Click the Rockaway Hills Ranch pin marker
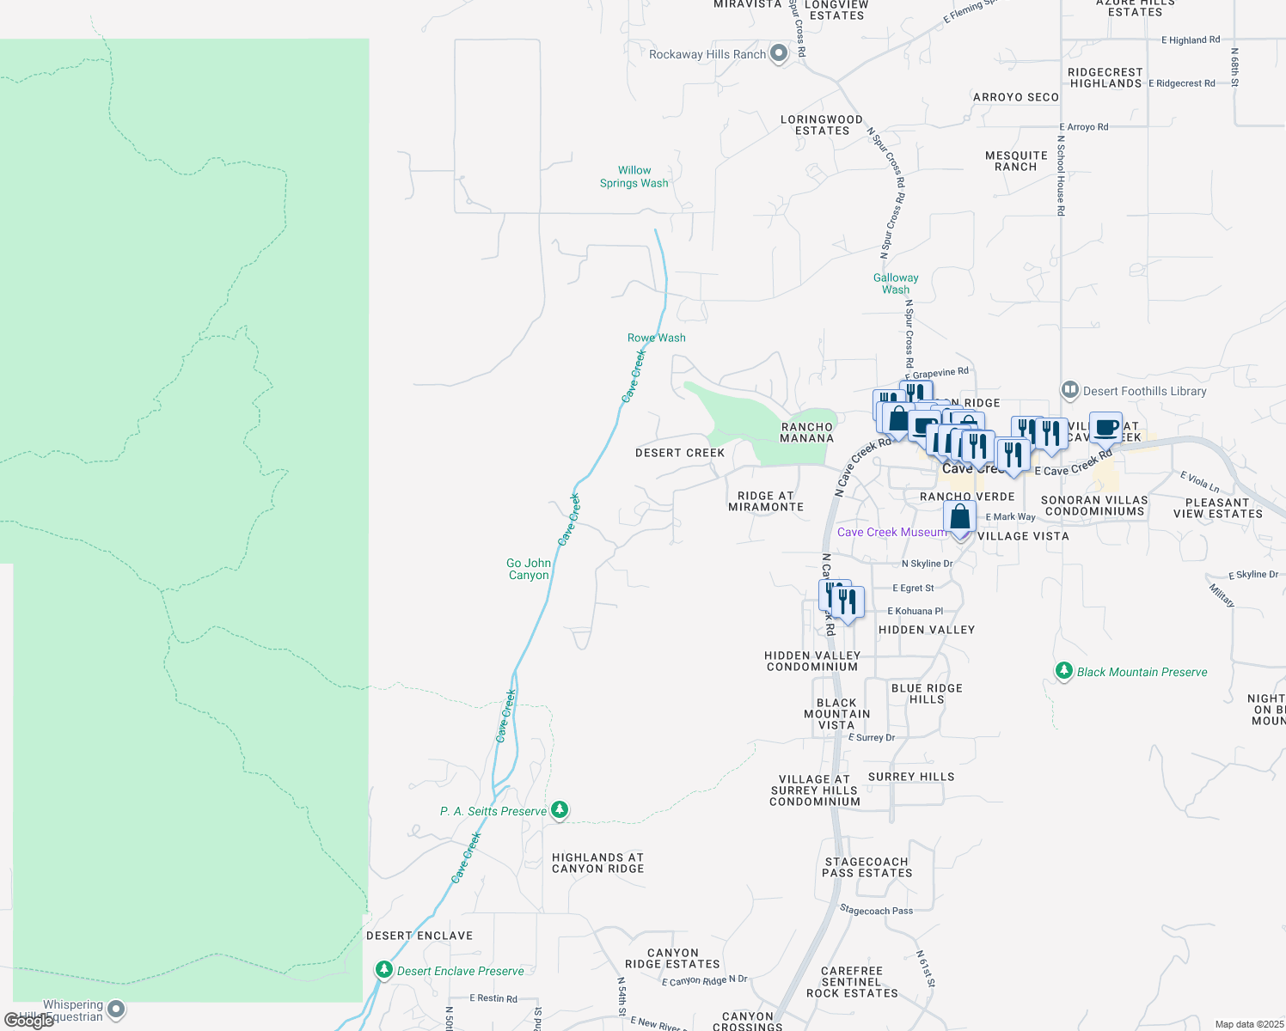pyautogui.click(x=779, y=53)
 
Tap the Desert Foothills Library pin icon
pyautogui.click(x=1070, y=390)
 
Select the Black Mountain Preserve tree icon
pyautogui.click(x=1064, y=671)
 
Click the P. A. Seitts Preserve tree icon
pyautogui.click(x=560, y=809)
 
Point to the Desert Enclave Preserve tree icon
pyautogui.click(x=384, y=970)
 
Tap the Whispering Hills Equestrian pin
pyautogui.click(x=116, y=1010)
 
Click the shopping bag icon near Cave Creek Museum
pyautogui.click(x=959, y=518)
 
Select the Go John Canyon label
pyautogui.click(x=529, y=569)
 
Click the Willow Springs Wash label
pyautogui.click(x=634, y=177)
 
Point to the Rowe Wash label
pyautogui.click(x=657, y=338)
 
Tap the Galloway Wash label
pyautogui.click(x=896, y=284)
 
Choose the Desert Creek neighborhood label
pyautogui.click(x=680, y=453)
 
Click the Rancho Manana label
pyautogui.click(x=807, y=432)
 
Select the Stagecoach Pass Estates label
pyautogui.click(x=867, y=867)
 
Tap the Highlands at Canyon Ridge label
pyautogui.click(x=598, y=863)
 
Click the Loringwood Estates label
pyautogui.click(x=822, y=125)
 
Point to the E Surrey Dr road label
pyautogui.click(x=872, y=737)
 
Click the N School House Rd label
pyautogui.click(x=1061, y=175)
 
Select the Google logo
pyautogui.click(x=28, y=1021)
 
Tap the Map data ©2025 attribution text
pyautogui.click(x=1249, y=1024)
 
